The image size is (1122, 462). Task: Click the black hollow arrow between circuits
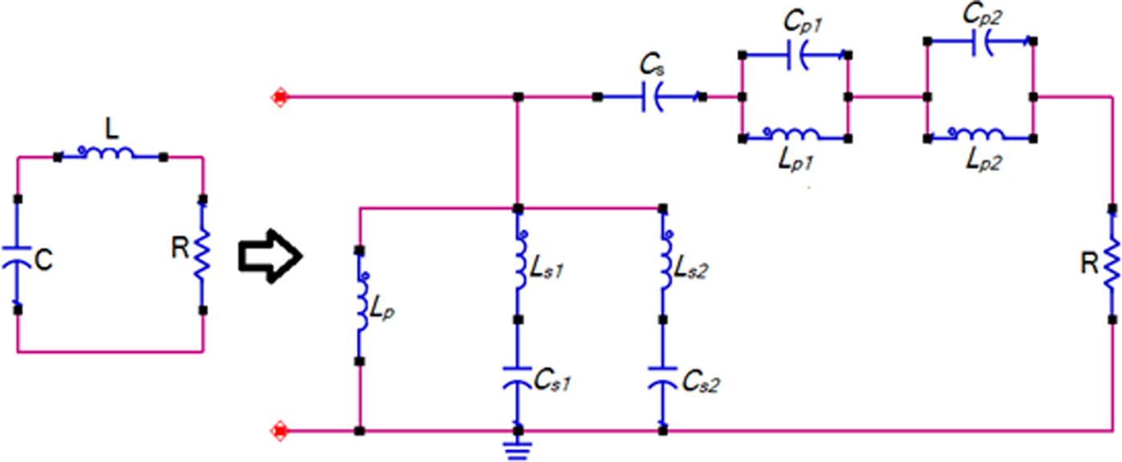tap(269, 257)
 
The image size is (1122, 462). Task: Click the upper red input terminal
tap(280, 98)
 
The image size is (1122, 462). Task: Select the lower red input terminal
tap(280, 431)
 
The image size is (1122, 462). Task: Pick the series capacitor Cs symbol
tap(653, 98)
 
